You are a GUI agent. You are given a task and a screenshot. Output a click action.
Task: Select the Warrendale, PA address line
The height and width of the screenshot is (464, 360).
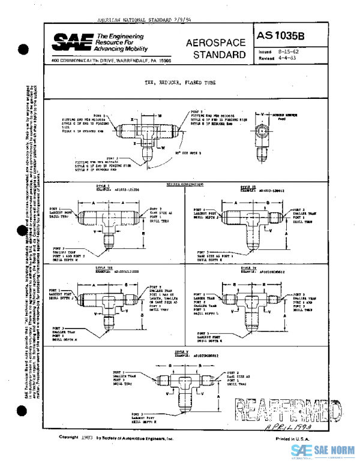pyautogui.click(x=112, y=61)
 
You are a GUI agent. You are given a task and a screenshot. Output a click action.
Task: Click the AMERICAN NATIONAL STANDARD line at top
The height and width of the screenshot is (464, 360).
pyautogui.click(x=139, y=20)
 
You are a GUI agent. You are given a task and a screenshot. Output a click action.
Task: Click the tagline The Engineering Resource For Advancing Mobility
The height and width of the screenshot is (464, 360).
pyautogui.click(x=122, y=43)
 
